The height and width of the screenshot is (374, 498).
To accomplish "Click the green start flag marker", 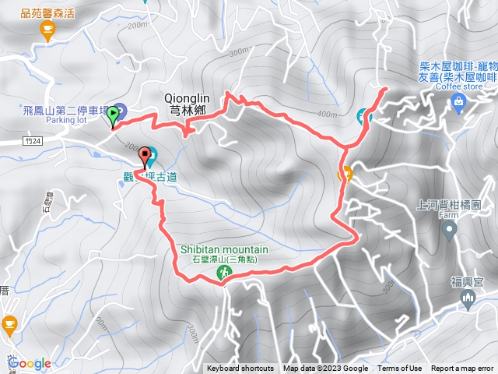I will pyautogui.click(x=114, y=115).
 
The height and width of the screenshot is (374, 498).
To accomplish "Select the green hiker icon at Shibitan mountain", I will pyautogui.click(x=224, y=272).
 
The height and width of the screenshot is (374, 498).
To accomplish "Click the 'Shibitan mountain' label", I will pyautogui.click(x=224, y=249).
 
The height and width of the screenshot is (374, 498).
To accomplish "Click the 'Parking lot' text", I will pyautogui.click(x=65, y=121).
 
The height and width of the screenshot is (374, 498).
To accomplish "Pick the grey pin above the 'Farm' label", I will pyautogui.click(x=449, y=230).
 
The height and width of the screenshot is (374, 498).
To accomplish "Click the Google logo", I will pyautogui.click(x=30, y=363).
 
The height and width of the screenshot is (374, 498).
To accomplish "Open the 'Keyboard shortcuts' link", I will pyautogui.click(x=240, y=369).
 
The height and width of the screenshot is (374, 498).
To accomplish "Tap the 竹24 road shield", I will pyautogui.click(x=30, y=141).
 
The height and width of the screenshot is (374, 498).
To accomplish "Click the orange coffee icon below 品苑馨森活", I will pyautogui.click(x=47, y=30).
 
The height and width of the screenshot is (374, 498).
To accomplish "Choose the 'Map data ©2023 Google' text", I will pyautogui.click(x=326, y=369).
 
